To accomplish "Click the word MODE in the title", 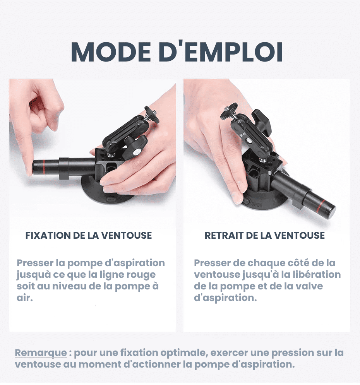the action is point(111,52).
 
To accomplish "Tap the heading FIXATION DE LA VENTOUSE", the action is point(89,236).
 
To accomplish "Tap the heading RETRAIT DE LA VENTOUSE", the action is point(265,236).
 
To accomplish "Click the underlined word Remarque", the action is point(41,353).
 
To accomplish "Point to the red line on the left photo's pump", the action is point(43,167).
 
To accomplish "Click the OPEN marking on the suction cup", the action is point(256,204).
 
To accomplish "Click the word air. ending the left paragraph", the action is point(25,298).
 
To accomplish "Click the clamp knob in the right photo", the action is point(262,122).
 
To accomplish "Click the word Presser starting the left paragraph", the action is point(35,263).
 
